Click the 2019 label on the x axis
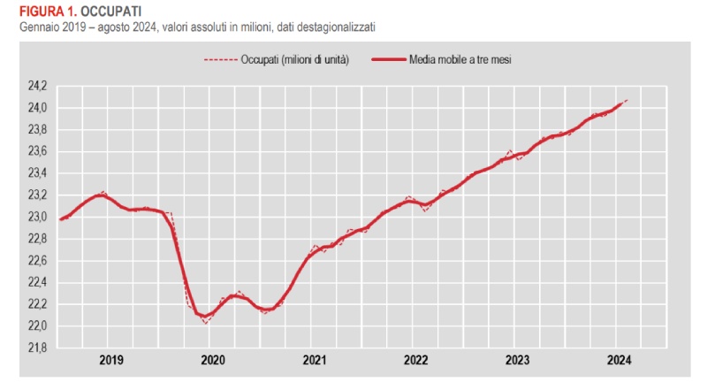[111, 360]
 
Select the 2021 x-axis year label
[315, 360]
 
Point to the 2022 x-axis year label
[416, 360]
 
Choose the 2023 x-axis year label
[517, 360]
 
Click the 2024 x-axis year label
[619, 360]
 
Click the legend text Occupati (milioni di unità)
[294, 60]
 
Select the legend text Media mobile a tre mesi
[461, 60]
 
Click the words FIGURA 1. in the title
[34, 11]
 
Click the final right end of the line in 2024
[627, 100]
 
